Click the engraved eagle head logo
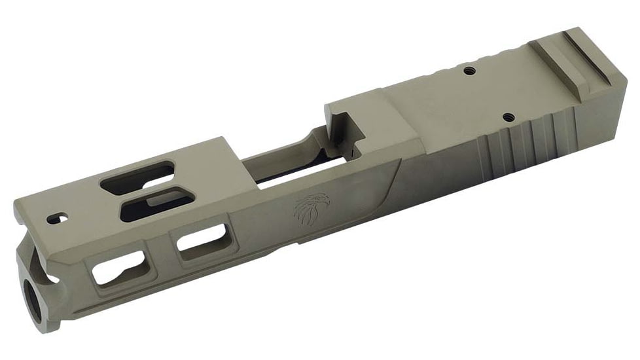(308, 209)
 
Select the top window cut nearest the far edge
(137, 179)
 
